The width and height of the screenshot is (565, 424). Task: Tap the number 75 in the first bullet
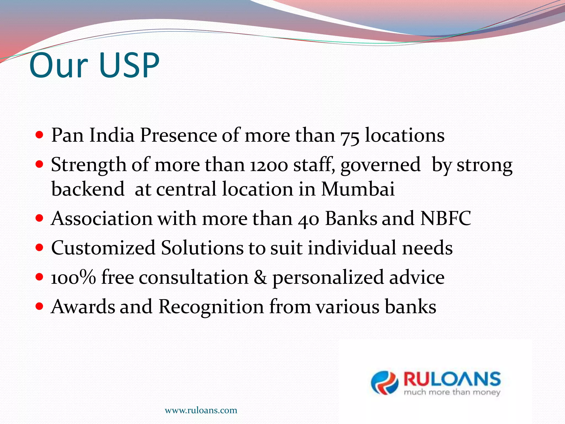point(350,136)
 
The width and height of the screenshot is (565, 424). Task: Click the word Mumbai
point(358,189)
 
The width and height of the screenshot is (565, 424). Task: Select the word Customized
point(103,248)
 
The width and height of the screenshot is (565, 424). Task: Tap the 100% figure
point(73,277)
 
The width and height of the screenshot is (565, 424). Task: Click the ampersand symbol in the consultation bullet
point(260,277)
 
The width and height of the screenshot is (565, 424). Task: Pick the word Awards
point(83,307)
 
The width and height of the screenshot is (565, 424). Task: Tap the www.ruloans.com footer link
point(201,410)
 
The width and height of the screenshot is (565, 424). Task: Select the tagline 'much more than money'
point(452,392)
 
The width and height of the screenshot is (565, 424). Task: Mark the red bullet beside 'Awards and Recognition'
point(39,306)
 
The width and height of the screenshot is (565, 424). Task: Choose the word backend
point(88,189)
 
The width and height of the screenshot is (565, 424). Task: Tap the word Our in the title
point(58,66)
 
